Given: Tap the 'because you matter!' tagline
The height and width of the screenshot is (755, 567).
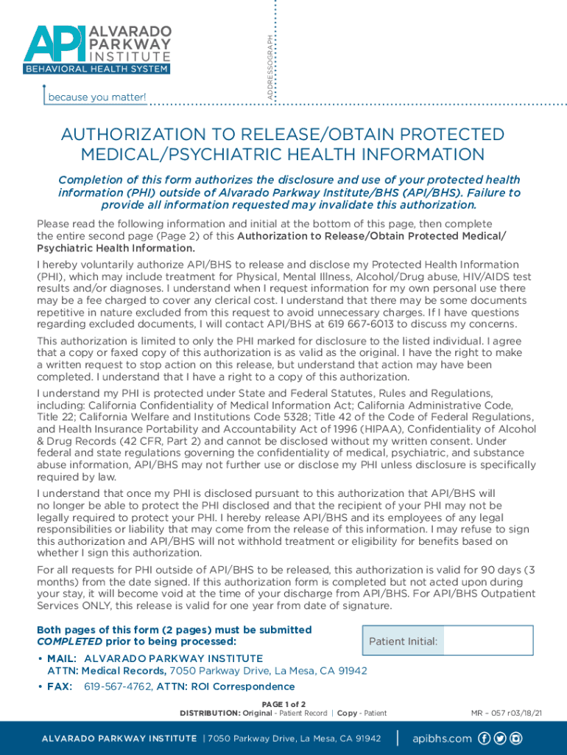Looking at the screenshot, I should coord(96,97).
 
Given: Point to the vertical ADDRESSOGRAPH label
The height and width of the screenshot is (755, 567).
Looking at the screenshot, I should coord(270,66).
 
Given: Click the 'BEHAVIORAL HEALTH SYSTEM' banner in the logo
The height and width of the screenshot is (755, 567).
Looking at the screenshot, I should coord(96,69).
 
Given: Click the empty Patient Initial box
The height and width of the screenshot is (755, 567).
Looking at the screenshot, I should coord(488,641).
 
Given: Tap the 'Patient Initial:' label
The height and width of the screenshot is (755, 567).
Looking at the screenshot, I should coord(404,641).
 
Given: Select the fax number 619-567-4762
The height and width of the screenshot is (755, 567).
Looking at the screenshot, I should coord(119,686).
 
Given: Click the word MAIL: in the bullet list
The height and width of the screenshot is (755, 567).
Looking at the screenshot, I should coord(62,658).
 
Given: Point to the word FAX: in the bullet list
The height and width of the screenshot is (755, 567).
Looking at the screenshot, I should coord(60,686).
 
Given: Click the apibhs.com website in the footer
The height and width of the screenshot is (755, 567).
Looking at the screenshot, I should coord(442,738).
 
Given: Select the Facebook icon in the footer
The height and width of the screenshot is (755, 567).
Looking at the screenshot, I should coord(484,738).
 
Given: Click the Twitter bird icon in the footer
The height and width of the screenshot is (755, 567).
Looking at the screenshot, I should coord(500,738).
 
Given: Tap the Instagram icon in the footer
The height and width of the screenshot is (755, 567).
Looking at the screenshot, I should coord(517,738).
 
